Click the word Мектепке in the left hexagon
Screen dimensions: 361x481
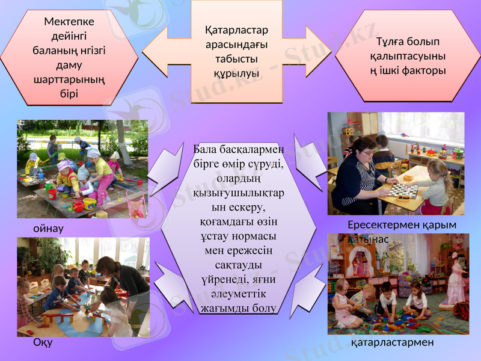(x=69, y=22)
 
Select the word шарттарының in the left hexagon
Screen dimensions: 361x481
(x=69, y=79)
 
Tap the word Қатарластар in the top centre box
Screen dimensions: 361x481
(x=236, y=30)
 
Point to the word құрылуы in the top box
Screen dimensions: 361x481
(x=236, y=73)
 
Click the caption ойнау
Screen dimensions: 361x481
(x=48, y=229)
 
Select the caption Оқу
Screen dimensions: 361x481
(x=43, y=343)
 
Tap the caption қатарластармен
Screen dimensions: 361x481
(x=392, y=342)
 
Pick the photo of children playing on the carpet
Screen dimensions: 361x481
(x=397, y=284)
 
